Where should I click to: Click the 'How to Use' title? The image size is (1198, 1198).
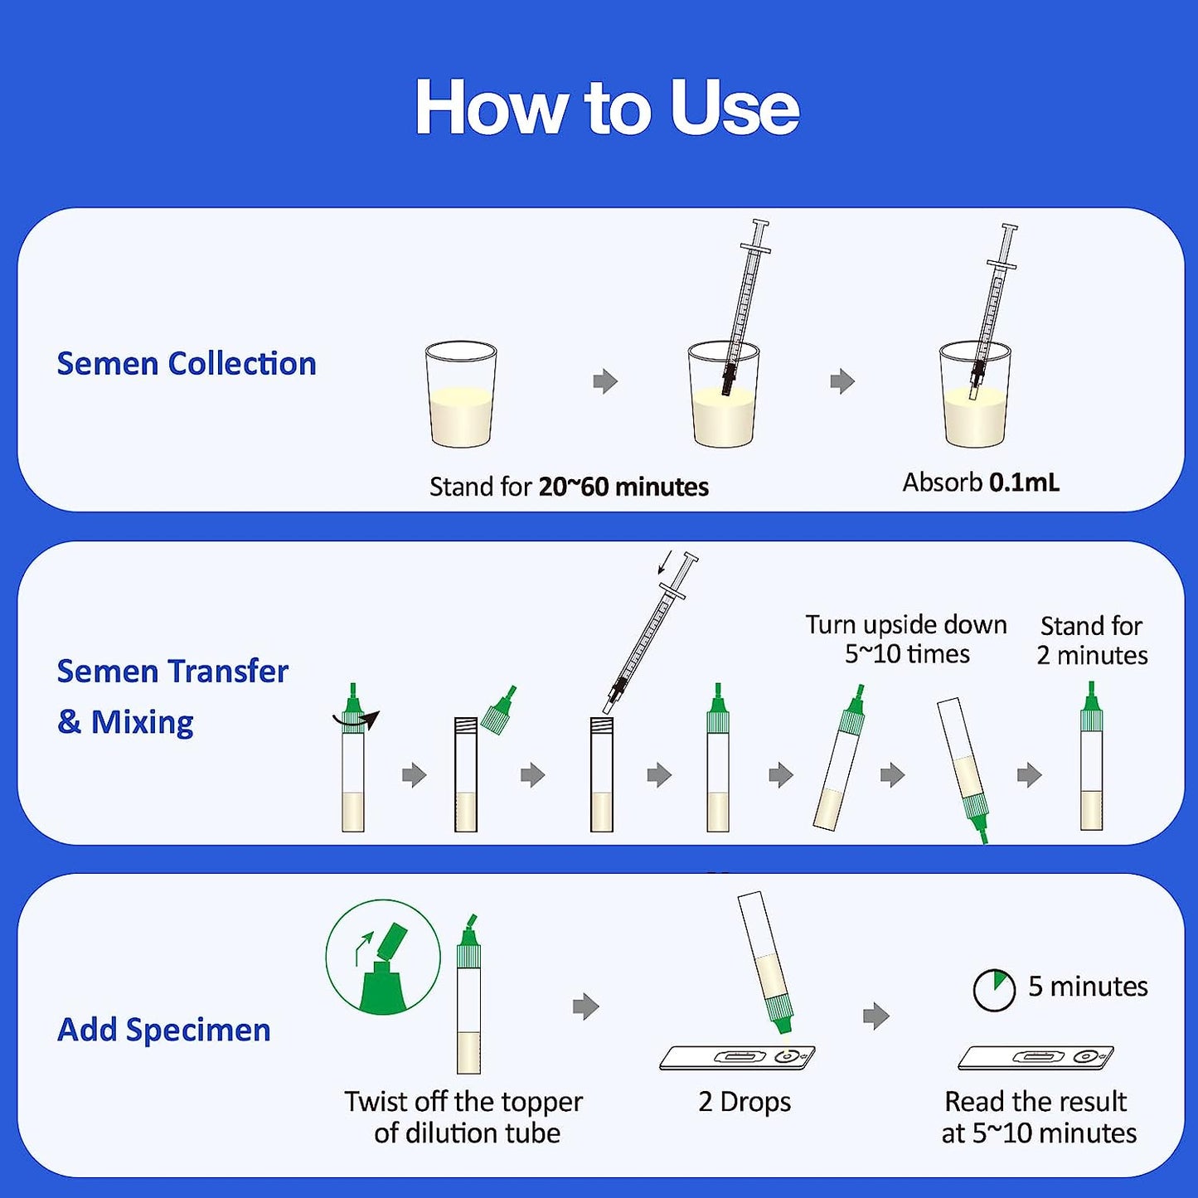coord(608,107)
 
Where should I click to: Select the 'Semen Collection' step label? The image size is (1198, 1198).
coord(187,364)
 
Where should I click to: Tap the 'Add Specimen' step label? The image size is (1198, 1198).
coord(164,1030)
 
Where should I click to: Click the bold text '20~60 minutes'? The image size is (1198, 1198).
coord(623,487)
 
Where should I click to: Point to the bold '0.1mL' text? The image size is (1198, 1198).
coord(1025,483)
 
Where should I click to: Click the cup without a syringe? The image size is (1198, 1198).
coord(461,394)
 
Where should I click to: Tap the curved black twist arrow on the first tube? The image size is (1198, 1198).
coord(356,720)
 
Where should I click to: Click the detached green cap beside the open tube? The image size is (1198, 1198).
coord(501,710)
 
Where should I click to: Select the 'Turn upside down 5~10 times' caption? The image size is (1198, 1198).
coord(906,639)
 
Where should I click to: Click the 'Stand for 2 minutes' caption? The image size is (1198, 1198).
coord(1092,640)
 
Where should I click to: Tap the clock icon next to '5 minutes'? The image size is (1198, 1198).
coord(994,989)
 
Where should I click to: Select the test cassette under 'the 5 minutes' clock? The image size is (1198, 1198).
coord(1036,1058)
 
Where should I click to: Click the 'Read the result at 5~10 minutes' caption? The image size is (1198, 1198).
coord(1038,1118)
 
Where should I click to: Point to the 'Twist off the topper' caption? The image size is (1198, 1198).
coord(463,1102)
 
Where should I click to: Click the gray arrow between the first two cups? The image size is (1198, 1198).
coord(605,381)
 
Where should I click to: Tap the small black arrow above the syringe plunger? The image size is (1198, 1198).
coord(665,561)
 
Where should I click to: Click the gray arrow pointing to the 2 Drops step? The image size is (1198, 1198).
coord(585,1006)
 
